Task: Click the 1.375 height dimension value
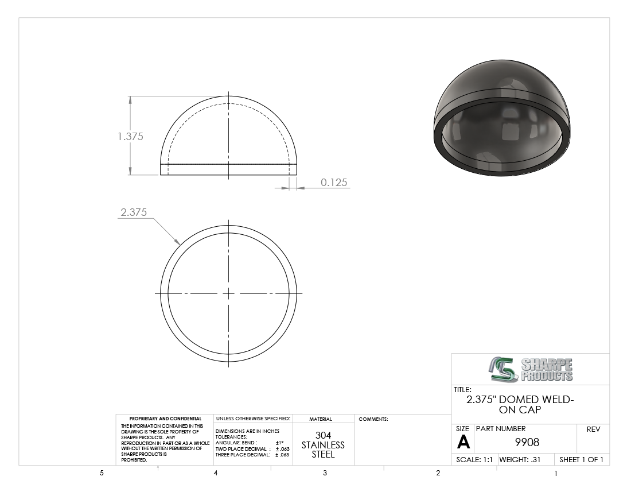coord(130,137)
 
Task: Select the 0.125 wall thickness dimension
coord(334,183)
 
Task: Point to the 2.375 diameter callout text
coord(134,212)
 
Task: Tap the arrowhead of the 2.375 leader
coord(177,242)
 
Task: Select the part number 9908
coord(527,443)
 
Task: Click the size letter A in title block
coord(463,443)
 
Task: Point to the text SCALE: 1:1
coord(474,460)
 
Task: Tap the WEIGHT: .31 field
coord(520,460)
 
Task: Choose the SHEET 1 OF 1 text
coord(581,460)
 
